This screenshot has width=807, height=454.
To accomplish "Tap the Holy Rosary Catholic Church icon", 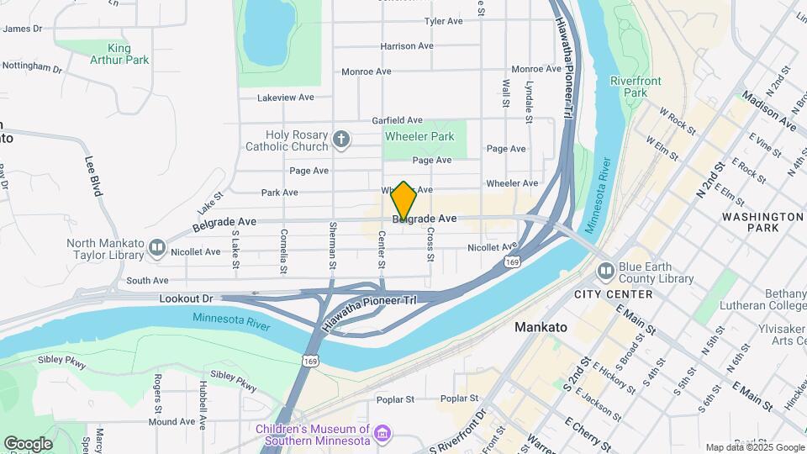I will pos(340,140).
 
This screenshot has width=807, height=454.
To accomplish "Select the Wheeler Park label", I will pos(419,136).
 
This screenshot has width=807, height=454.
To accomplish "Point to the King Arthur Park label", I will pos(119,54).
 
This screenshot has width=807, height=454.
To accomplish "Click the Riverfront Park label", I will pos(628,88).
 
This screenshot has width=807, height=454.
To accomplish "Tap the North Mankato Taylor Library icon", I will pos(156,248).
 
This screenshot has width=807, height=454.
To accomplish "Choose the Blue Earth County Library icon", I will pos(606,271).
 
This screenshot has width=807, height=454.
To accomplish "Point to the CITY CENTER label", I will pos(613,294).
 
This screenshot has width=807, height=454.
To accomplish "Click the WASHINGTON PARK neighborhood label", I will pos(762,222).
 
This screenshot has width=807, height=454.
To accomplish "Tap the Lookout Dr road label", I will pos(187,298).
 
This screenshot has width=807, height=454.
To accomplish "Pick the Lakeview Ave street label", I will pos(286,98).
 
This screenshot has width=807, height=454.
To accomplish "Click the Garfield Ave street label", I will pos(397,120).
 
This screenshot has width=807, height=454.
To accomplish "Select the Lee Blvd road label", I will pos(92,176).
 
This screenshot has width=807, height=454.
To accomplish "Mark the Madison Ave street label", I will pos(768,111).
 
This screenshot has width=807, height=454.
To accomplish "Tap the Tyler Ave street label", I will pos(444,21).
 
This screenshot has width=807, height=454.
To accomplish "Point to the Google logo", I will pos(28,443).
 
